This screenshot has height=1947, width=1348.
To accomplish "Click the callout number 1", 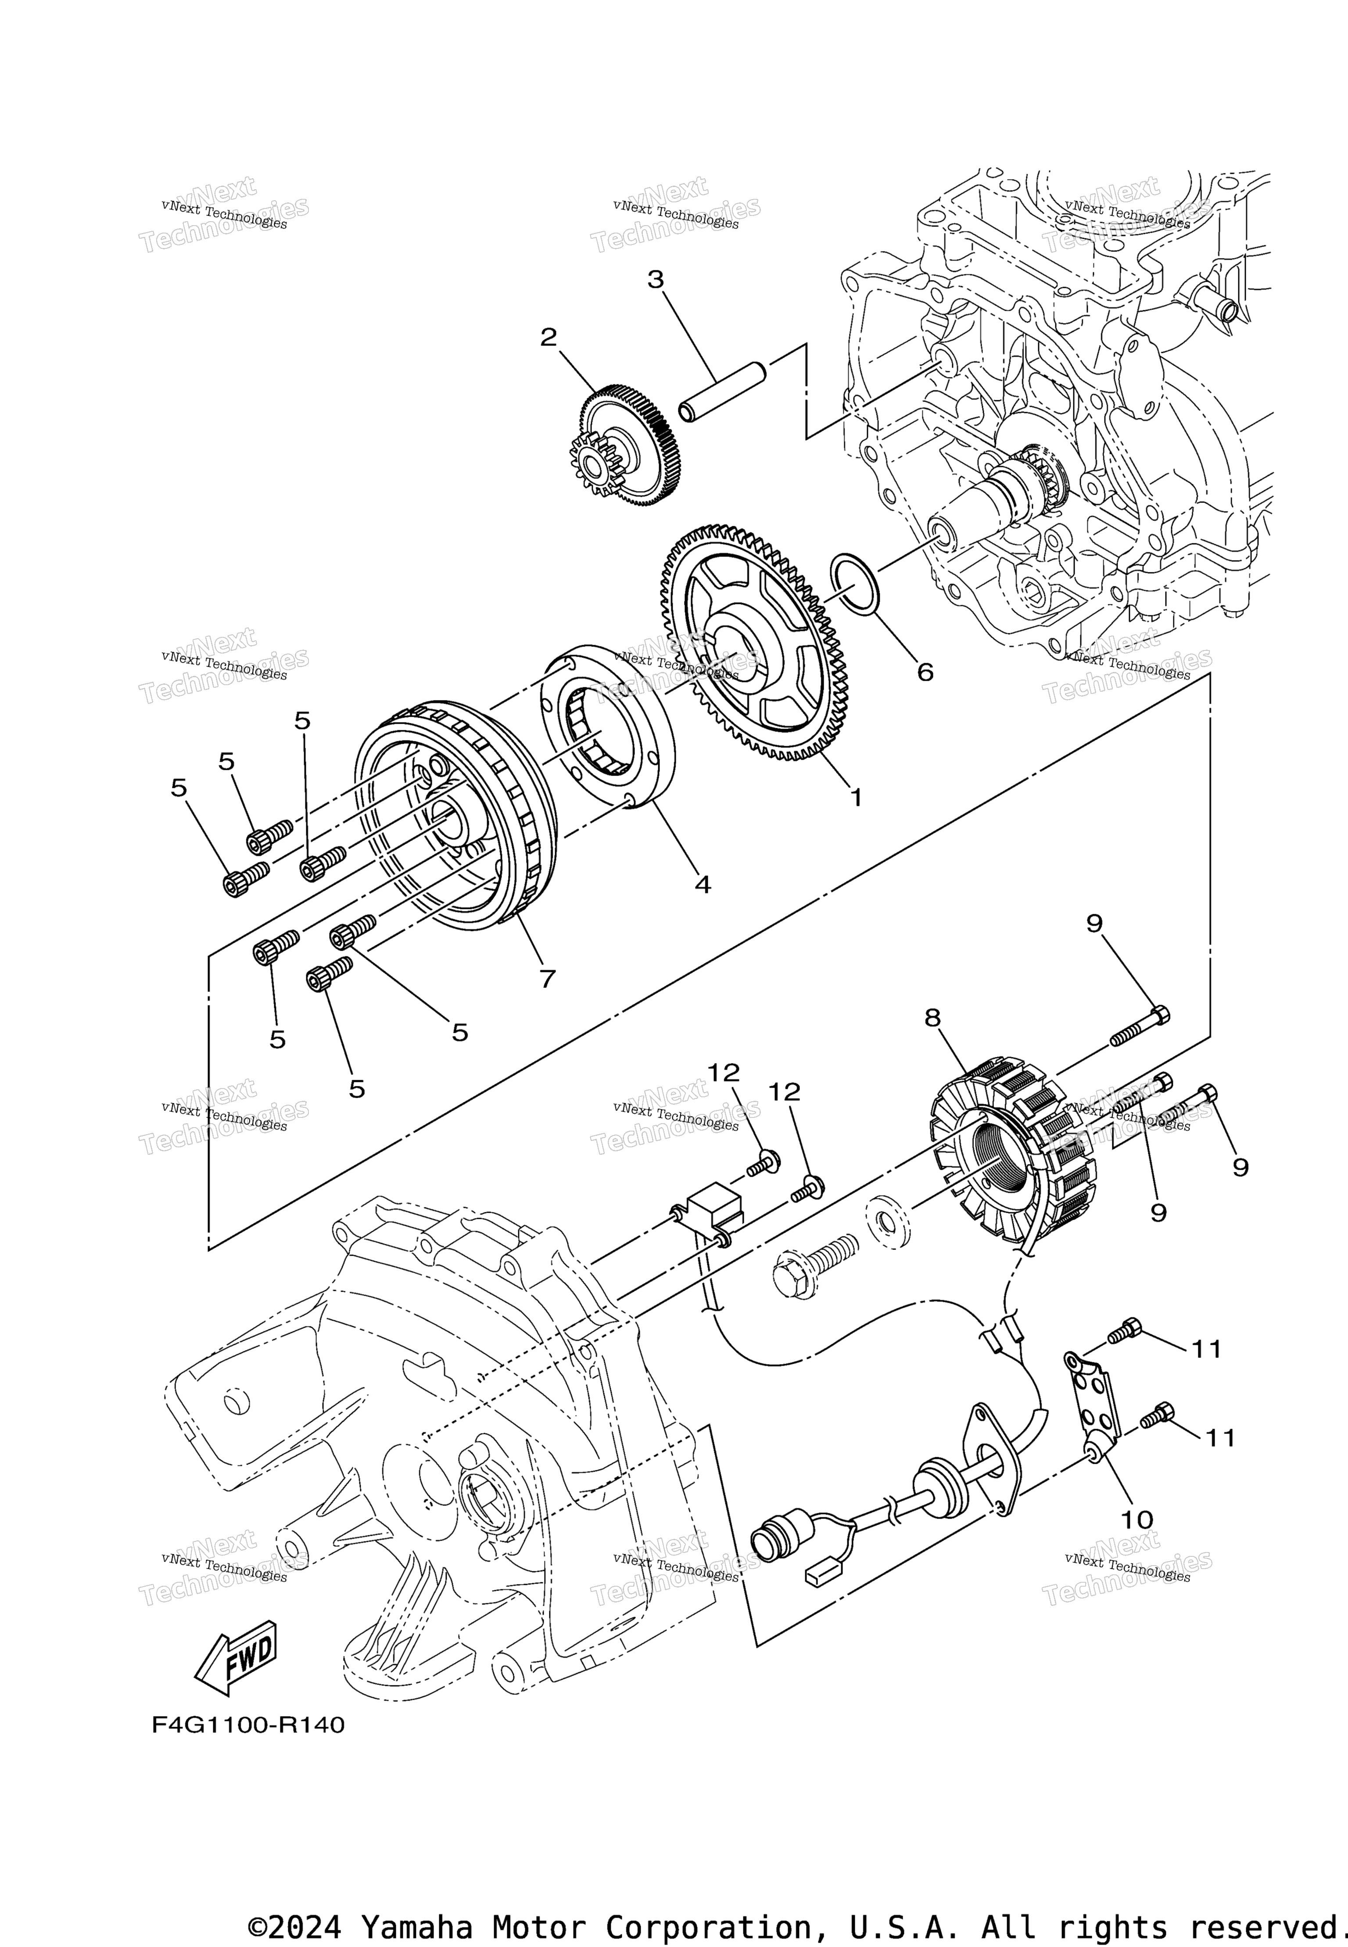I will [856, 797].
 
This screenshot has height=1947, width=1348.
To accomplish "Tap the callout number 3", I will [656, 280].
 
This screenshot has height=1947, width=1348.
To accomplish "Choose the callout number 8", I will [932, 1018].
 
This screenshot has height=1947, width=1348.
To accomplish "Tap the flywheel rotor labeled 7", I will [456, 815].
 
